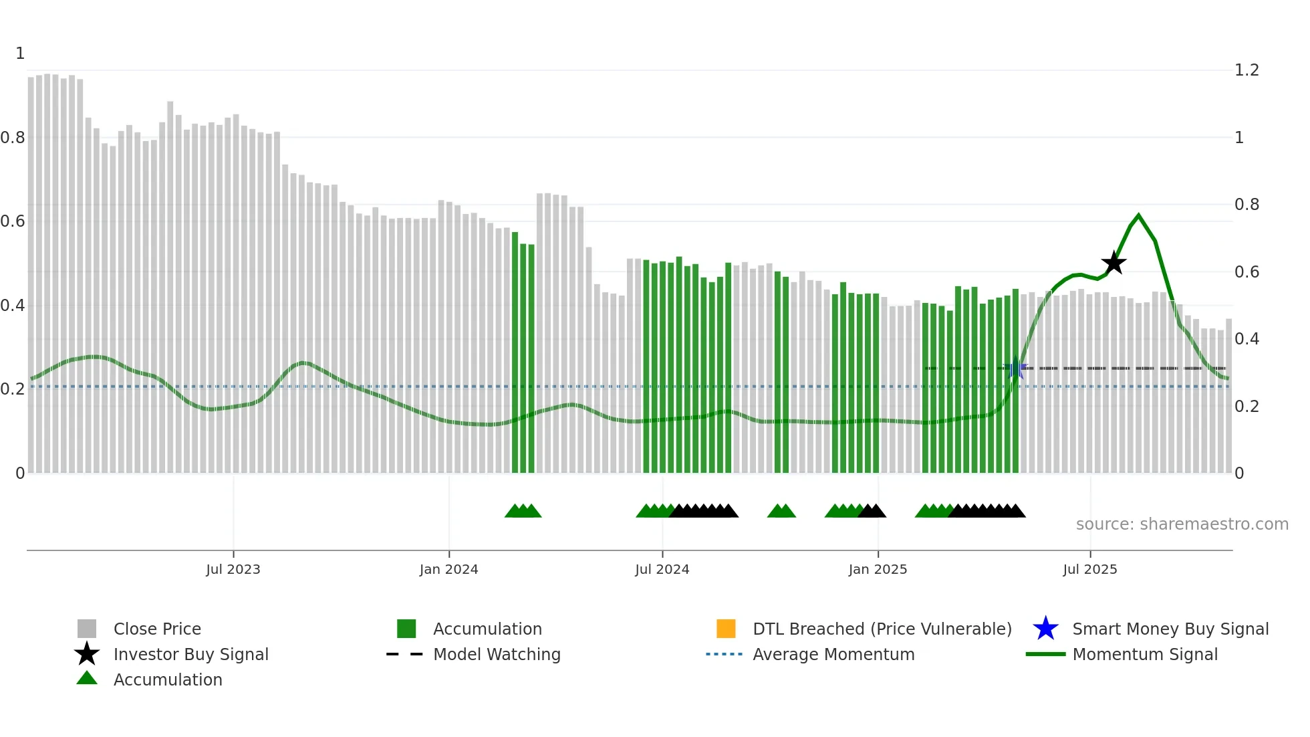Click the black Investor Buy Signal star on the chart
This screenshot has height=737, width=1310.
point(1113,264)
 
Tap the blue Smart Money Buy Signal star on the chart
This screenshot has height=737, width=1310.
point(1016,368)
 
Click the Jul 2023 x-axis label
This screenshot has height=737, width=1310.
point(233,569)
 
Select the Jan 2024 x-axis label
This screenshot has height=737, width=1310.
point(448,569)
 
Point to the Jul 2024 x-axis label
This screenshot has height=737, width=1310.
point(662,569)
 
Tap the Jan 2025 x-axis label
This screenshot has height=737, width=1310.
point(878,569)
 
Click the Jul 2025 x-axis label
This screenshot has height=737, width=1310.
point(1089,569)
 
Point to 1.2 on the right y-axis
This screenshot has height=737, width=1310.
point(1247,70)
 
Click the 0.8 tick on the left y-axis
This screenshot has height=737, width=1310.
point(13,138)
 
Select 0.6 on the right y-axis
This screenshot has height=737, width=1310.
point(1247,272)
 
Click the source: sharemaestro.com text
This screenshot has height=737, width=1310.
point(1182,524)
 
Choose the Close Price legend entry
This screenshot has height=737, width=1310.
point(157,629)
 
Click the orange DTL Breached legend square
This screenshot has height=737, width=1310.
point(726,629)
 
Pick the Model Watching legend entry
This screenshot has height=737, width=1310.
point(497,654)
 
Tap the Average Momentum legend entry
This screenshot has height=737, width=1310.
point(833,654)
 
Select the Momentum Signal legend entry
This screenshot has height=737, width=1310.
point(1145,654)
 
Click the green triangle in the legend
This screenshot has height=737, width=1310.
point(87,678)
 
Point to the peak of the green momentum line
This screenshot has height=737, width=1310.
point(1139,215)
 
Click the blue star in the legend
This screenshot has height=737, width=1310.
point(1045,629)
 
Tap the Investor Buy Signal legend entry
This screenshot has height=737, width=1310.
point(190,654)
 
